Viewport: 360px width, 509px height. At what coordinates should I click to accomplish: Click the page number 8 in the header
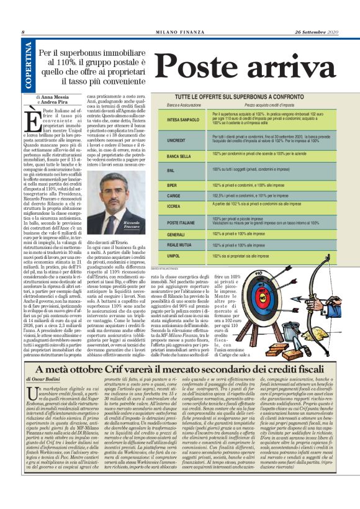(23, 32)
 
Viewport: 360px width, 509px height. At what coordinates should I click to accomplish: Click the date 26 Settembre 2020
(316, 32)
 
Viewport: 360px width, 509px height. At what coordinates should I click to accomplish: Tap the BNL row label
(171, 169)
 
